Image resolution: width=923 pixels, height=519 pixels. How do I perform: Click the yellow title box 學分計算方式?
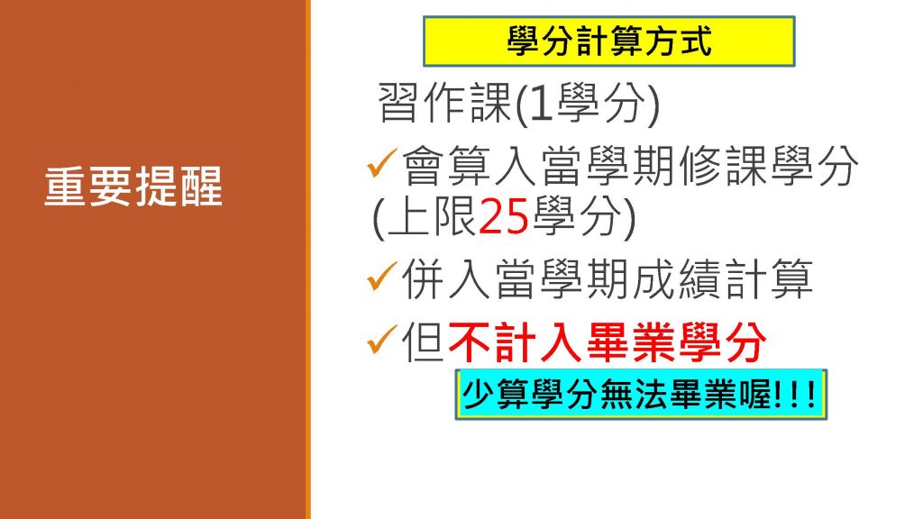click(x=609, y=41)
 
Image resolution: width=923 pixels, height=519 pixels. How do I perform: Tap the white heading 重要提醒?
click(x=133, y=187)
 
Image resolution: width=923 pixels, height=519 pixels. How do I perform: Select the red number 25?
click(x=504, y=216)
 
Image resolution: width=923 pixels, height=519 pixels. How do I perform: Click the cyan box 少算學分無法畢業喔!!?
click(x=641, y=395)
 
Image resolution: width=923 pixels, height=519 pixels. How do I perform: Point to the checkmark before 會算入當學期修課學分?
click(x=382, y=163)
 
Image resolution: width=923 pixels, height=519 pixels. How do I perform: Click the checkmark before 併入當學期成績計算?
click(x=382, y=276)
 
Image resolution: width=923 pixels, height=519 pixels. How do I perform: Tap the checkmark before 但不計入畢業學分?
click(x=382, y=340)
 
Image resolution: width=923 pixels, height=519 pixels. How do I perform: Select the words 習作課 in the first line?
click(x=444, y=103)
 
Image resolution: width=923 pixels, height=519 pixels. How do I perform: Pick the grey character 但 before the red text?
click(x=424, y=341)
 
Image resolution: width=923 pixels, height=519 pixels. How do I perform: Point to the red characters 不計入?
click(x=516, y=341)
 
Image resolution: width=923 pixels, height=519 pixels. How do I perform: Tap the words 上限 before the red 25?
click(x=432, y=216)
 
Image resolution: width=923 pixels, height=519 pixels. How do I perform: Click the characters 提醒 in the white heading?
click(x=179, y=187)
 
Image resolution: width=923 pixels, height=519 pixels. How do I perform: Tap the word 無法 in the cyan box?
click(x=635, y=395)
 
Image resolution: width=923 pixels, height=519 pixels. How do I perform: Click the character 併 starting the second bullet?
click(x=424, y=278)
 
